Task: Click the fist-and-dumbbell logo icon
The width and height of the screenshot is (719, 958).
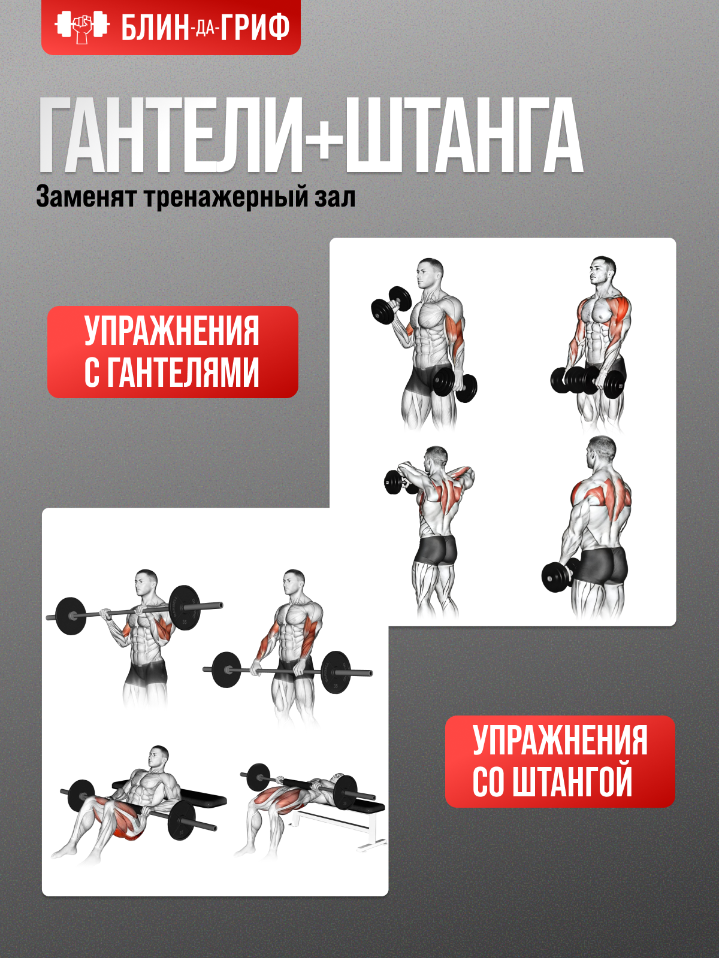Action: click(x=82, y=27)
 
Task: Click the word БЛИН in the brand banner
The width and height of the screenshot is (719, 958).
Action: click(x=155, y=28)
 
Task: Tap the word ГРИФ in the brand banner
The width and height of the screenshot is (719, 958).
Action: click(x=255, y=28)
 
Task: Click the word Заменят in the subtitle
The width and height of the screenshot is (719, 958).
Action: click(x=86, y=197)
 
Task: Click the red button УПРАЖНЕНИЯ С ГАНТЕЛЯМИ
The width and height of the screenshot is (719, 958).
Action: click(x=173, y=352)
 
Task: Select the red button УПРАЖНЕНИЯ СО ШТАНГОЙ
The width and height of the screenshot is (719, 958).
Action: click(x=560, y=761)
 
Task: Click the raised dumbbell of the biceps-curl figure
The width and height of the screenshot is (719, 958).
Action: click(x=391, y=304)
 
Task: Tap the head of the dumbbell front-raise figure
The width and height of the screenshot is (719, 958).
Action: click(x=602, y=271)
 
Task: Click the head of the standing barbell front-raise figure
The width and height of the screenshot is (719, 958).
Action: click(x=294, y=583)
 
